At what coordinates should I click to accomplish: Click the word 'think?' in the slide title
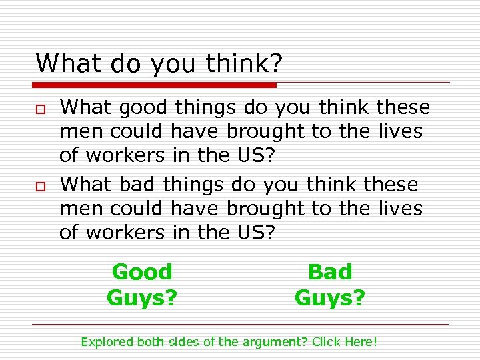pyautogui.click(x=245, y=64)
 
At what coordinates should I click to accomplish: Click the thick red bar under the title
pyautogui.click(x=154, y=85)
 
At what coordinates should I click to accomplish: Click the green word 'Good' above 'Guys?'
pyautogui.click(x=142, y=272)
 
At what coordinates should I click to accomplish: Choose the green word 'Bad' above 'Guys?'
pyautogui.click(x=330, y=272)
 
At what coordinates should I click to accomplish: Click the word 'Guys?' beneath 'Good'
pyautogui.click(x=142, y=297)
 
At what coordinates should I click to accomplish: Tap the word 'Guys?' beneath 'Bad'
pyautogui.click(x=330, y=297)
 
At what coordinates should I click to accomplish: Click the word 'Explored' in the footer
pyautogui.click(x=107, y=342)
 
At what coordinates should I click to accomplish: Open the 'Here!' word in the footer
pyautogui.click(x=361, y=342)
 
